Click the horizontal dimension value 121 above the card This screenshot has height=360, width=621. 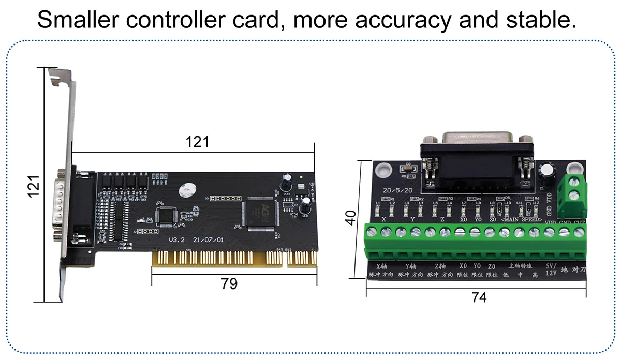(198, 142)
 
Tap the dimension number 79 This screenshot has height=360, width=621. (229, 283)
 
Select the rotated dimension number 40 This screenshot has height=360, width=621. (351, 217)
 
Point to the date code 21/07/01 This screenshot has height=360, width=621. (209, 241)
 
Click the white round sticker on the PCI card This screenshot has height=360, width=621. (188, 191)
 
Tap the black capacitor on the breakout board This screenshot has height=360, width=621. (545, 174)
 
